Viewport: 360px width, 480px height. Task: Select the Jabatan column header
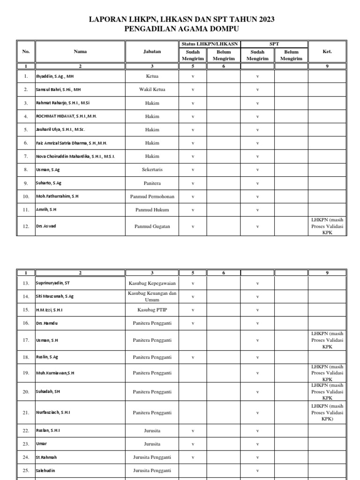152,52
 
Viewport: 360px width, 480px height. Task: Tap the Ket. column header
327,52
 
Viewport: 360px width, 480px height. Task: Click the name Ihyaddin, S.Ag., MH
55,76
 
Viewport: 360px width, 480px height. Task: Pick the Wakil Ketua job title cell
152,89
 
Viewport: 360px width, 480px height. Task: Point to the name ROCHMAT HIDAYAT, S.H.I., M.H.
66,116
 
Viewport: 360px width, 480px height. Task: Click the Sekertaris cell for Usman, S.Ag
152,170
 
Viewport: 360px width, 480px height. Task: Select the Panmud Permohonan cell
152,196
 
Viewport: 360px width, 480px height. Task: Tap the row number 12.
26,226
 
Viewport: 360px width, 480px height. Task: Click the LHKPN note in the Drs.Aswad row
327,226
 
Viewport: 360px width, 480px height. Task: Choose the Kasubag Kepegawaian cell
152,283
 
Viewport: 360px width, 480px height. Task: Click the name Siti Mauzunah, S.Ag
55,297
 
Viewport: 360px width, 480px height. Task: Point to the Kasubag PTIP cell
152,310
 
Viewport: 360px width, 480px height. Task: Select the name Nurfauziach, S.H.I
53,412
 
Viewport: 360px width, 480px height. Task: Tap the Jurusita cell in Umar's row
152,443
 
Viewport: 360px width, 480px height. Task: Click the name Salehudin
46,470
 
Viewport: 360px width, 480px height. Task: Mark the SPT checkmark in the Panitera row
257,183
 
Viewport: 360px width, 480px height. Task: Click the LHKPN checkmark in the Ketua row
193,76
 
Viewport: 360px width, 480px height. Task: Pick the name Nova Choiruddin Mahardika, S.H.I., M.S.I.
75,156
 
